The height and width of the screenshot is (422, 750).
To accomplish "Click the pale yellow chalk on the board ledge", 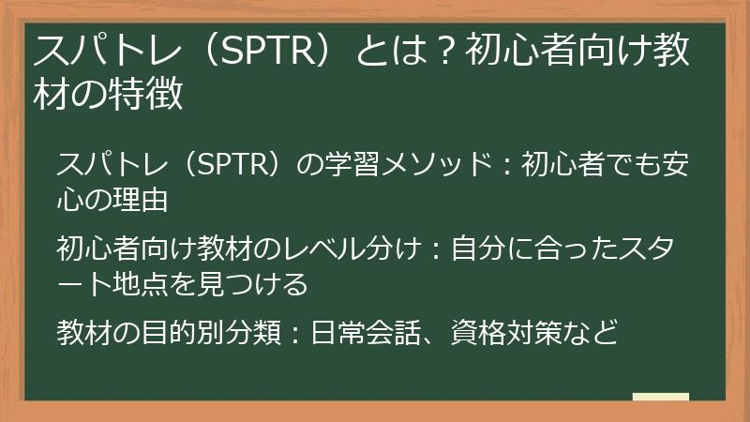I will pos(660,398).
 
